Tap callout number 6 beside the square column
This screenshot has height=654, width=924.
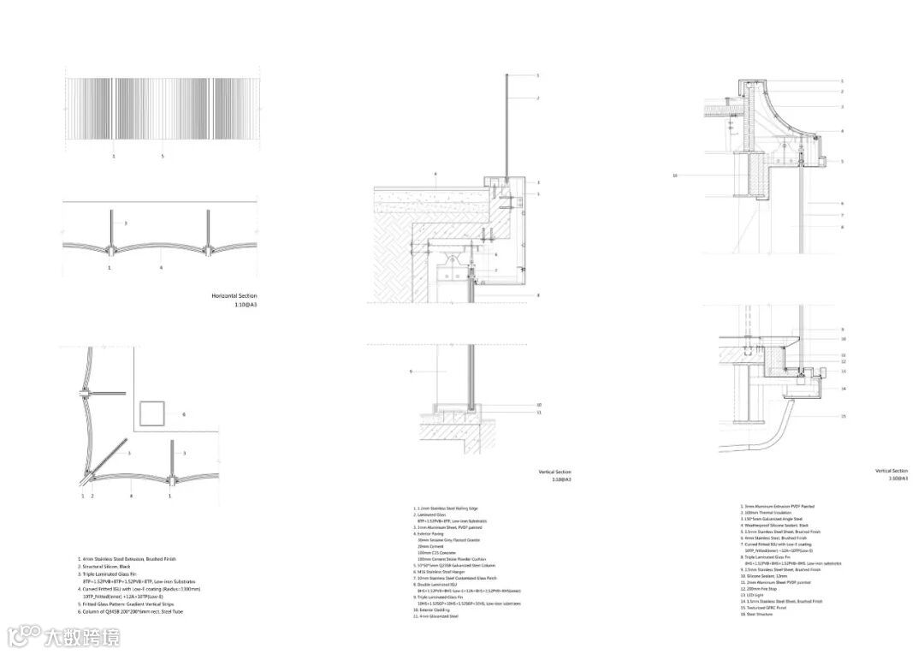[x=183, y=415]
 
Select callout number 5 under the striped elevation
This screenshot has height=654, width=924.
[x=163, y=157]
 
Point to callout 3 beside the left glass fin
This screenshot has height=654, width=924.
[x=126, y=223]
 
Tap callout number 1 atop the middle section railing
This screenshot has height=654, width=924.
[x=538, y=76]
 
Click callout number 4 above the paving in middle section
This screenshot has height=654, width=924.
[x=435, y=175]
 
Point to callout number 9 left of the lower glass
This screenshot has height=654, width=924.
[x=411, y=372]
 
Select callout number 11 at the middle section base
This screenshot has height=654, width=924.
[x=539, y=413]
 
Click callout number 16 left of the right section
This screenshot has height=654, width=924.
[x=675, y=175]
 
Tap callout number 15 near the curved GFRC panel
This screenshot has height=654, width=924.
[x=844, y=417]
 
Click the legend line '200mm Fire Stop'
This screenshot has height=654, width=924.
[x=761, y=589]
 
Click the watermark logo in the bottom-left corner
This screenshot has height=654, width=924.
[x=26, y=635]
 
